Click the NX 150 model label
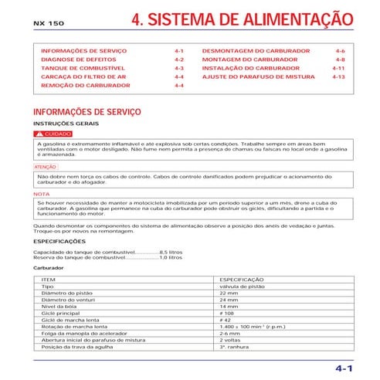pos(49,25)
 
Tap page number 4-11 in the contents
pos(338,68)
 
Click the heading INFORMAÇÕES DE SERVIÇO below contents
pos(87,112)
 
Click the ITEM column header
pos(48,279)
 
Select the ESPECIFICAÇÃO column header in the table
pos(242,279)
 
